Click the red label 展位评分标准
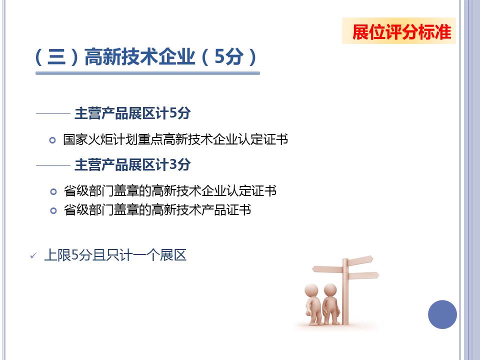point(401,32)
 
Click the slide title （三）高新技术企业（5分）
point(146,56)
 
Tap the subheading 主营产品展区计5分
point(132,113)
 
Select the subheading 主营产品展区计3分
point(132,164)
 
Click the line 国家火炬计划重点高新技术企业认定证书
point(175,139)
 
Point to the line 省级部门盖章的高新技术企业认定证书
point(170,190)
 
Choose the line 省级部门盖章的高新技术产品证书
point(157,210)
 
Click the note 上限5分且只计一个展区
point(115,255)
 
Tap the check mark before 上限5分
point(33,255)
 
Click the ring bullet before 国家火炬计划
point(52,140)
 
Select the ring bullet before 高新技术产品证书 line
point(53,210)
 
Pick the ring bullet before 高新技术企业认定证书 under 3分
point(53,191)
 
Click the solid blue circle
point(442,314)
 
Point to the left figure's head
point(311,290)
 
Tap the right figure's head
point(330,289)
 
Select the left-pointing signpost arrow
point(327,269)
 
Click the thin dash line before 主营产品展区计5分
point(53,113)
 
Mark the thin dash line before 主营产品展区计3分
point(53,165)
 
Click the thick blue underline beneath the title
point(147,73)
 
